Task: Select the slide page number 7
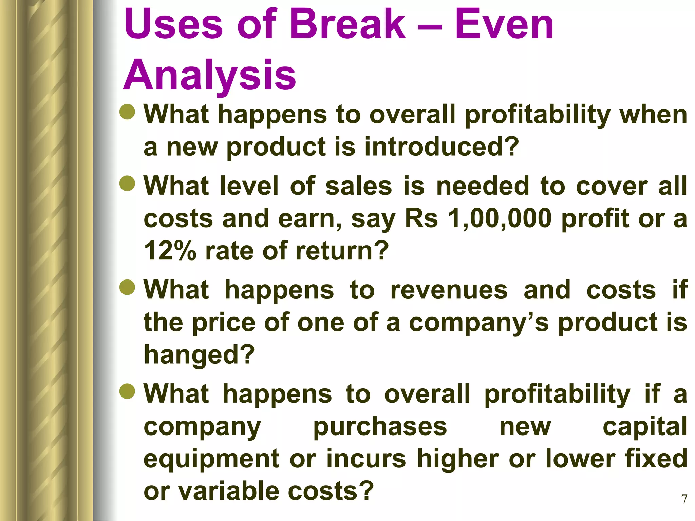pyautogui.click(x=684, y=499)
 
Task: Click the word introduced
pyautogui.click(x=441, y=147)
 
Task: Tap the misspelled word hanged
pyautogui.click(x=199, y=354)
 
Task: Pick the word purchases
pyautogui.click(x=380, y=426)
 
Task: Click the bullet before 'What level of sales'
pyautogui.click(x=128, y=183)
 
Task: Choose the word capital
pyautogui.click(x=645, y=426)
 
